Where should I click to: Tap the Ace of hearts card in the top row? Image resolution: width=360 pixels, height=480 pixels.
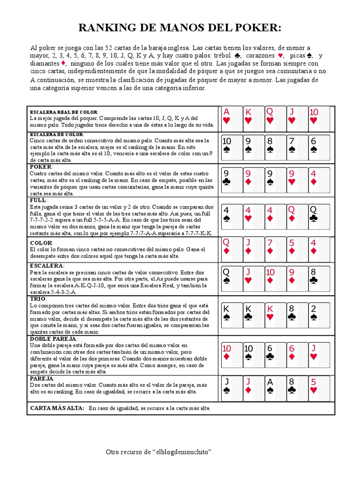(x=232, y=119)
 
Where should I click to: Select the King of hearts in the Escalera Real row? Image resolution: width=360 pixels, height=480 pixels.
(x=254, y=119)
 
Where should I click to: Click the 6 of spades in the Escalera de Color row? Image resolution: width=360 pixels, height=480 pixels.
(x=319, y=148)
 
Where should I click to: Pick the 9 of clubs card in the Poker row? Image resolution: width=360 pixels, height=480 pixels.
(x=232, y=180)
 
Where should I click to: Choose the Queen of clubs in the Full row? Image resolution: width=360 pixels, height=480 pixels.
(x=319, y=213)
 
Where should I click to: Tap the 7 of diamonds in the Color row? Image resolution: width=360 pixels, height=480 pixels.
(x=275, y=249)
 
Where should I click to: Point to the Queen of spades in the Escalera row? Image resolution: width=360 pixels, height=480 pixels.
(x=232, y=278)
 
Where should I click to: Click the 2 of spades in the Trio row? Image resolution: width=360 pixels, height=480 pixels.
(x=319, y=315)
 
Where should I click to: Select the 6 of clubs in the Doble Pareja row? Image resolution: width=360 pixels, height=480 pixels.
(x=275, y=354)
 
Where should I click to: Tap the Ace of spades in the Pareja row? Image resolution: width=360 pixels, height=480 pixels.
(x=275, y=388)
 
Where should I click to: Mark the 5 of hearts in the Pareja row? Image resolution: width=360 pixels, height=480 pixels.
(x=319, y=388)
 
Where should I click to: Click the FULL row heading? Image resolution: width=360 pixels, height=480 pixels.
(x=38, y=200)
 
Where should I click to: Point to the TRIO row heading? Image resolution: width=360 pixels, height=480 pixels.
(x=38, y=299)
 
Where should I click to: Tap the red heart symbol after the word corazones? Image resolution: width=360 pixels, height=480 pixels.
(x=281, y=56)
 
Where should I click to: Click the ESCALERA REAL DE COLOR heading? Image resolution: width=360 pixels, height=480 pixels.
(x=64, y=112)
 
